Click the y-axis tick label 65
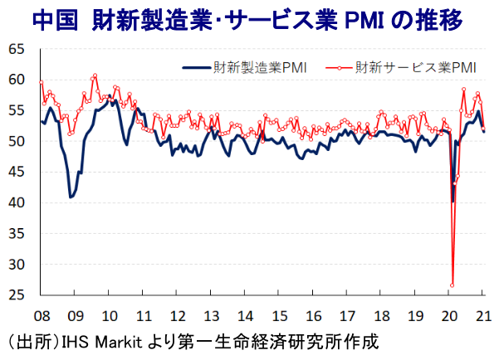pos(15,49)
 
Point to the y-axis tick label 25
pos(15,294)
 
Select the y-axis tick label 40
pos(15,202)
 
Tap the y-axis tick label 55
pos(15,110)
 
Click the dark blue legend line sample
pos(195,67)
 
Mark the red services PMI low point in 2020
pos(453,285)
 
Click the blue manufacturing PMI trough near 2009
pos(71,197)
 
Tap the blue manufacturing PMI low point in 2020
pos(453,201)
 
